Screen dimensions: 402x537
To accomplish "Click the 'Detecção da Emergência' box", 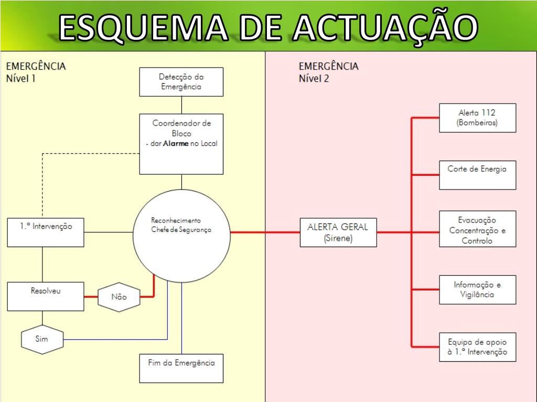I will (x=181, y=82).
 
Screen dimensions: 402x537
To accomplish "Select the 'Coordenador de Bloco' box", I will (x=181, y=144).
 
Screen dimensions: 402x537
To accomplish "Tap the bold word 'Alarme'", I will (x=175, y=143).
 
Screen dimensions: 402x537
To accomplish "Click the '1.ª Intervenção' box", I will (x=45, y=232).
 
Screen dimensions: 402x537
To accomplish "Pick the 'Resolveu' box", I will (x=45, y=296).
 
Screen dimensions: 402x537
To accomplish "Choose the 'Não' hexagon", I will (x=119, y=297).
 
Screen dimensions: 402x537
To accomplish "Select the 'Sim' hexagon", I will (x=41, y=339).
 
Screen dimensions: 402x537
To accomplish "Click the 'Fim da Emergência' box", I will (x=181, y=368).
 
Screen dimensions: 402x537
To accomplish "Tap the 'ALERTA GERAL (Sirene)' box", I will (x=338, y=232).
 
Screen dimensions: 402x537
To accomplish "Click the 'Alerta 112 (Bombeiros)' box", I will (x=477, y=118).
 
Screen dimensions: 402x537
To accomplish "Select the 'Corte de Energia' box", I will (x=477, y=175).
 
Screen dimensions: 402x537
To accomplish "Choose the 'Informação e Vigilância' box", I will (x=477, y=289).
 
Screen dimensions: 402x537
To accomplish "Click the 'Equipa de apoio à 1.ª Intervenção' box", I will (x=477, y=347).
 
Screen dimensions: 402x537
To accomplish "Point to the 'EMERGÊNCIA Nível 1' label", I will (x=36, y=72).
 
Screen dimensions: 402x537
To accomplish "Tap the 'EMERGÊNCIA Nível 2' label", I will (x=329, y=72).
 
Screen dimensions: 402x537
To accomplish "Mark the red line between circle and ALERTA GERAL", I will (x=265, y=232).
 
